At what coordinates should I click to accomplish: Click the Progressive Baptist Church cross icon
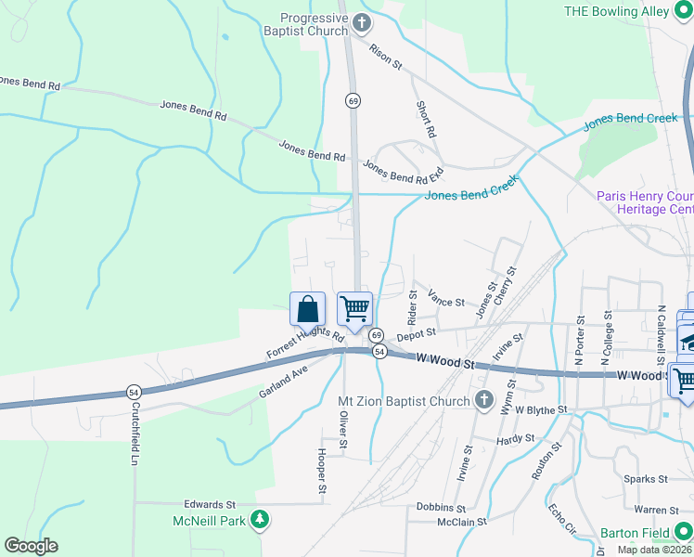pos(362,23)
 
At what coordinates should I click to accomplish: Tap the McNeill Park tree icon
pos(262,521)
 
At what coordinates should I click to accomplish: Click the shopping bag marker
pos(307,310)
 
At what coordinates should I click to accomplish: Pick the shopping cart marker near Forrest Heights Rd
pos(353,308)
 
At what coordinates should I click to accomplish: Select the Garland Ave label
pos(283,382)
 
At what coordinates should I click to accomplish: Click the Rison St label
pos(385,58)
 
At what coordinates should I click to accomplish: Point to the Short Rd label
pos(426,119)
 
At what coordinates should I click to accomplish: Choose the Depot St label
pos(416,334)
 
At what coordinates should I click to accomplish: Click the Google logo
pos(31,546)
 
